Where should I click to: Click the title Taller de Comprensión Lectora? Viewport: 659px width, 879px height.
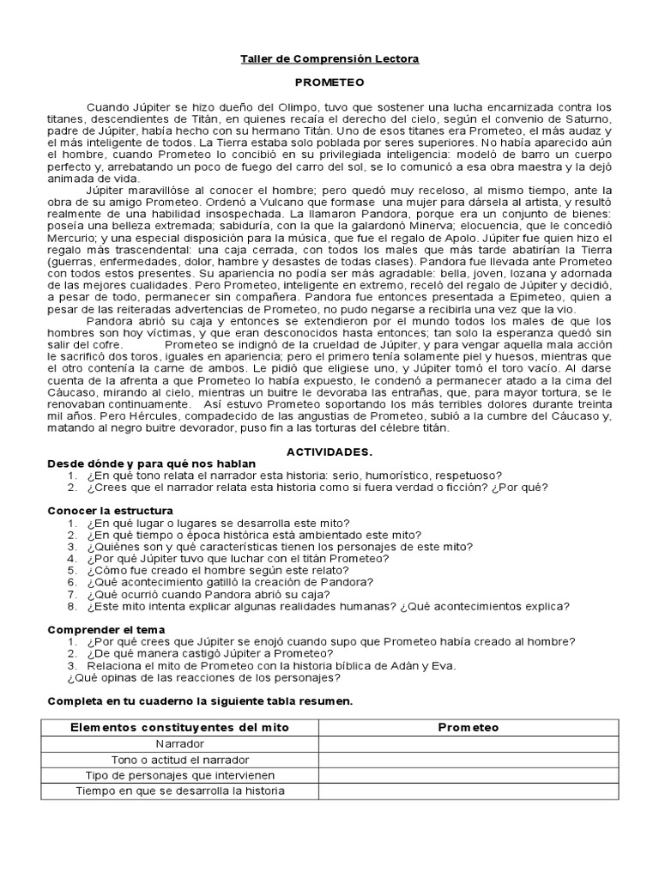click(x=329, y=59)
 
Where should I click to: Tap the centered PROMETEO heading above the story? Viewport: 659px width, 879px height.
click(x=329, y=82)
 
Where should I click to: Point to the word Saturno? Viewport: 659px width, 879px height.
click(x=587, y=118)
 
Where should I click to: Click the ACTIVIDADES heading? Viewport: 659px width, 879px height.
click(x=329, y=452)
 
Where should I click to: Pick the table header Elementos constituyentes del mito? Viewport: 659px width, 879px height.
click(x=179, y=727)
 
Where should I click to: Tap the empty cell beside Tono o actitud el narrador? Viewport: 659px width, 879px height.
click(x=469, y=760)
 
